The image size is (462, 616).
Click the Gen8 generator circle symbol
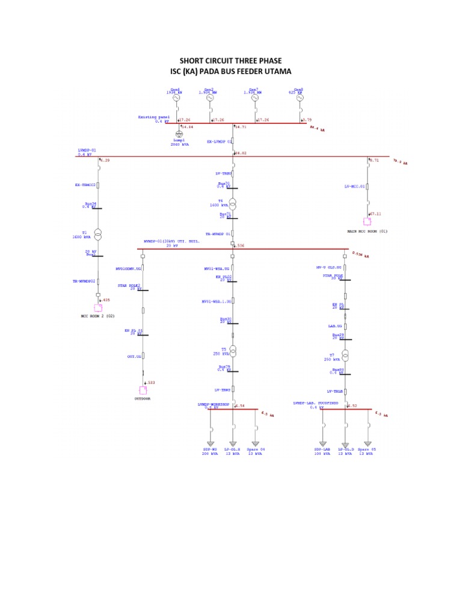[x=300, y=97]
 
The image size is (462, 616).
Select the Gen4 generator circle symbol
[x=177, y=97]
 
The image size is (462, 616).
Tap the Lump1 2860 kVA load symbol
[x=179, y=134]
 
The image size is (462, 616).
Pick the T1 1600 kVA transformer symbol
[x=97, y=233]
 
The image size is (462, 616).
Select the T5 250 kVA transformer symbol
[x=233, y=351]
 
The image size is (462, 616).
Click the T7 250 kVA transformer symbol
[x=345, y=356]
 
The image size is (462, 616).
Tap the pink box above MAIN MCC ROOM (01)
[x=367, y=221]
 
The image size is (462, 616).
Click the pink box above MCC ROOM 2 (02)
[x=97, y=307]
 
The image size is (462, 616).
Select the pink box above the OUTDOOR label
[x=143, y=390]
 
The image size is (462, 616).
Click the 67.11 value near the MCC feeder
[x=376, y=213]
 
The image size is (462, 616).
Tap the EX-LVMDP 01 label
[x=220, y=142]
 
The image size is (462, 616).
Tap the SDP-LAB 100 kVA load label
[x=322, y=451]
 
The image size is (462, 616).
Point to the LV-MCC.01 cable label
[x=355, y=186]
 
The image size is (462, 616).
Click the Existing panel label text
[x=154, y=117]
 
